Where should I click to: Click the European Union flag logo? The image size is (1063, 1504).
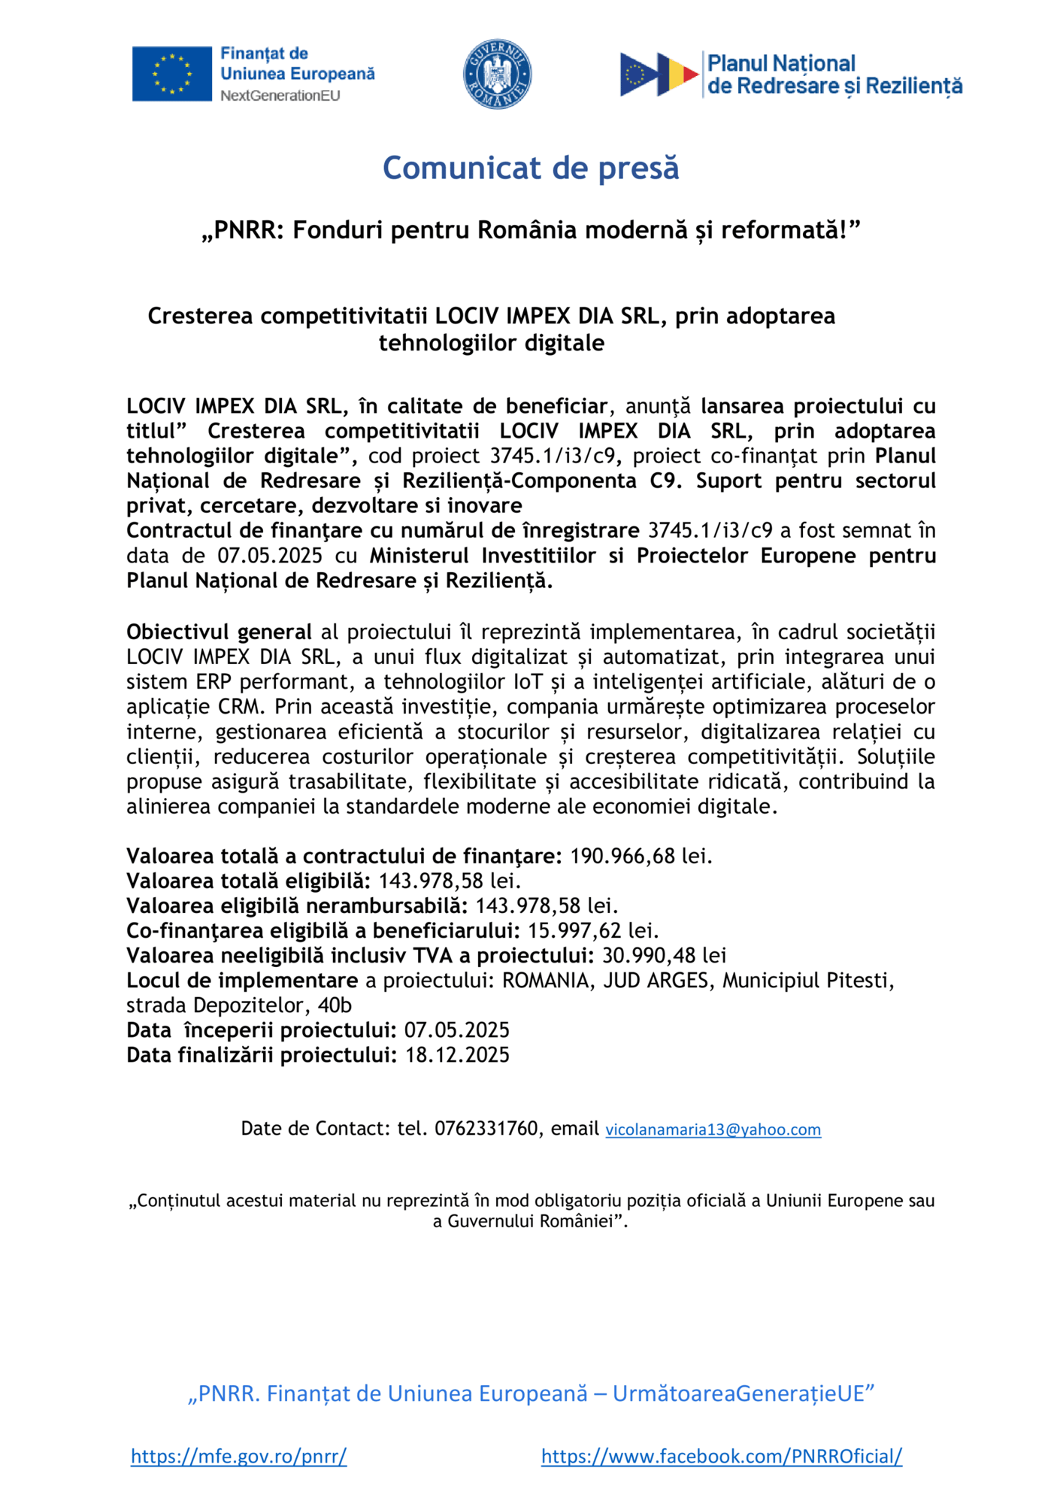pos(171,74)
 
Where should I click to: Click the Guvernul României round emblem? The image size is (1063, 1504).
pos(497,74)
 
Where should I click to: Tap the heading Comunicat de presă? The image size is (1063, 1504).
pos(531,168)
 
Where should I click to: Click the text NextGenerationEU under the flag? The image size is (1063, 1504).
pos(280,96)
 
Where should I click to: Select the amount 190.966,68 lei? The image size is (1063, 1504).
pos(640,856)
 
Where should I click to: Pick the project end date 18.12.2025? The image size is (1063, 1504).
pos(457,1054)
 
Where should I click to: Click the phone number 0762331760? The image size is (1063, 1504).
pos(486,1128)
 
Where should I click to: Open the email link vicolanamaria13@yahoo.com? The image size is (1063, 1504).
pos(713,1130)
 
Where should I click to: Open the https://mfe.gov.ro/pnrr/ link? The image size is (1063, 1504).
pos(238,1456)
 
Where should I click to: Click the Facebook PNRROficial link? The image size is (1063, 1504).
pos(721,1456)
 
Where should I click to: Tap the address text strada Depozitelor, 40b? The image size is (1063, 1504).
pos(239,1005)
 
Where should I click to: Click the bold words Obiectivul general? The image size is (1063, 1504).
pos(219,632)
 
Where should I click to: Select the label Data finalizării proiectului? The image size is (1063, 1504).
pos(261,1054)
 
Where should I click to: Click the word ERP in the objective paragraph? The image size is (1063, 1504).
pos(214,681)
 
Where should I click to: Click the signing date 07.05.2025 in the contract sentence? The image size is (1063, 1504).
pos(270,555)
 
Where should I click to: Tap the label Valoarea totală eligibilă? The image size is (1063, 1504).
pos(248,881)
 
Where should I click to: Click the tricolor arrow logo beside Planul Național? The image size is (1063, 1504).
pos(659,74)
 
